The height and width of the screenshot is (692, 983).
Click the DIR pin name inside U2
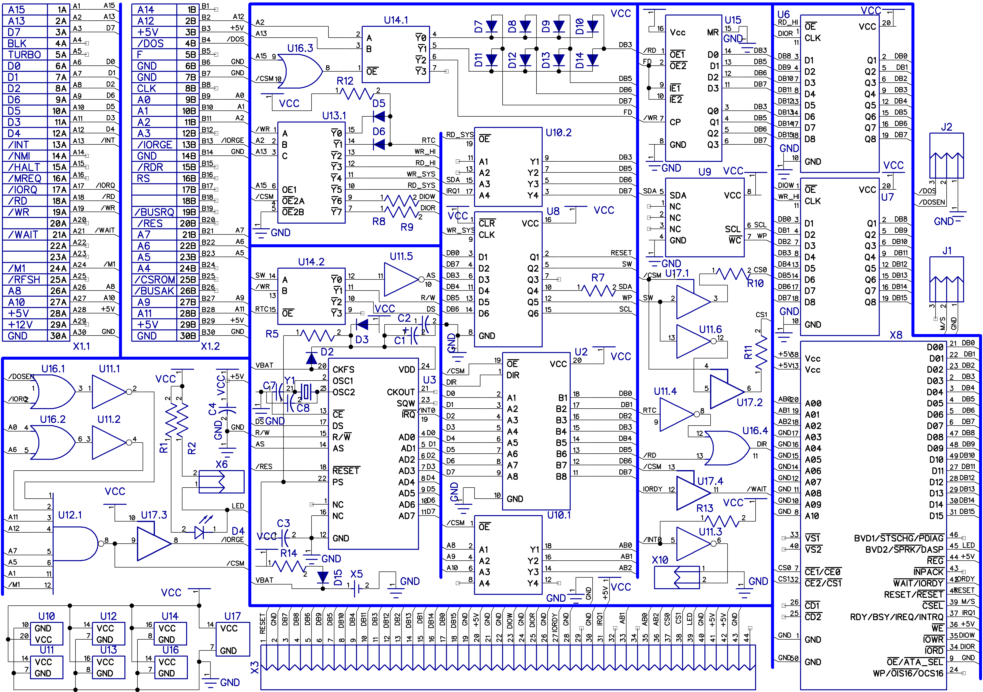(x=513, y=375)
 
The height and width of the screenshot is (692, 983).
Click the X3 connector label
(x=254, y=667)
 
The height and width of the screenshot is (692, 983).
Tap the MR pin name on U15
(x=713, y=32)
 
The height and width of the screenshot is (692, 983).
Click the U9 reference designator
(x=705, y=172)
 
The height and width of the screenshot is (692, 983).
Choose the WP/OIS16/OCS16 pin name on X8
(x=908, y=673)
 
